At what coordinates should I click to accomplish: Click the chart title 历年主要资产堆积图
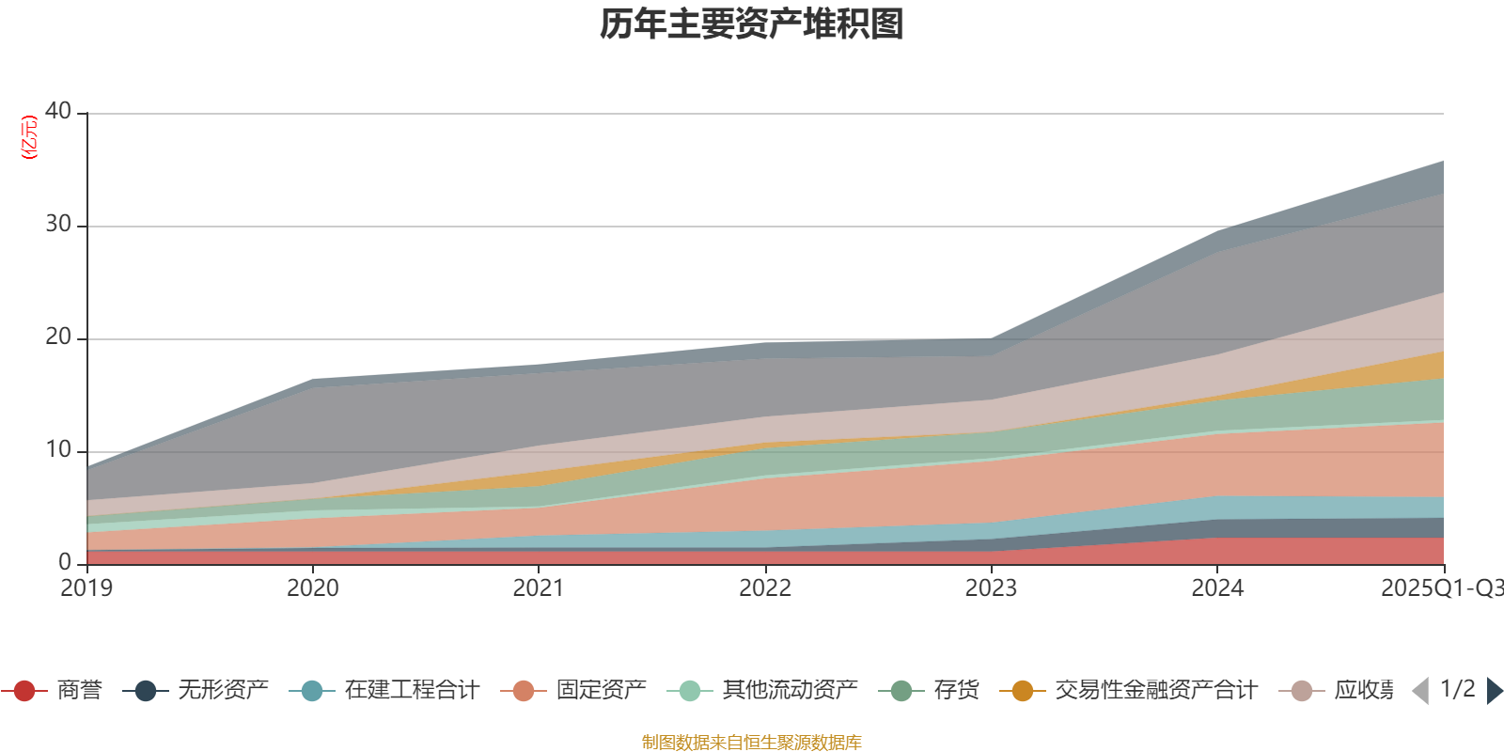pos(752,24)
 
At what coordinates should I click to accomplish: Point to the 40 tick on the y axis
pos(58,111)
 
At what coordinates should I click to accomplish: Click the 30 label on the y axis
pos(58,224)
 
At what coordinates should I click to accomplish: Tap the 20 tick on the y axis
pos(58,337)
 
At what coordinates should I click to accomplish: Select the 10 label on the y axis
pos(58,449)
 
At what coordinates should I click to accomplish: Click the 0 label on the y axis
pos(65,562)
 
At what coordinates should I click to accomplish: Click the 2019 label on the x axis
pos(86,588)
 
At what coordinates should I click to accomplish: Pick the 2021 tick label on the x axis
pos(539,588)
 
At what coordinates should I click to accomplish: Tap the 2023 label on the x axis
pos(991,588)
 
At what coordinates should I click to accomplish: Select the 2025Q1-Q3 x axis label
pos(1440,588)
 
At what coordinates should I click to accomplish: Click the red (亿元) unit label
pos(29,137)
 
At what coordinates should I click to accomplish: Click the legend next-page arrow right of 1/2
pos(1494,691)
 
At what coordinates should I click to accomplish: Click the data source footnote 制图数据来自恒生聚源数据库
pos(752,743)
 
